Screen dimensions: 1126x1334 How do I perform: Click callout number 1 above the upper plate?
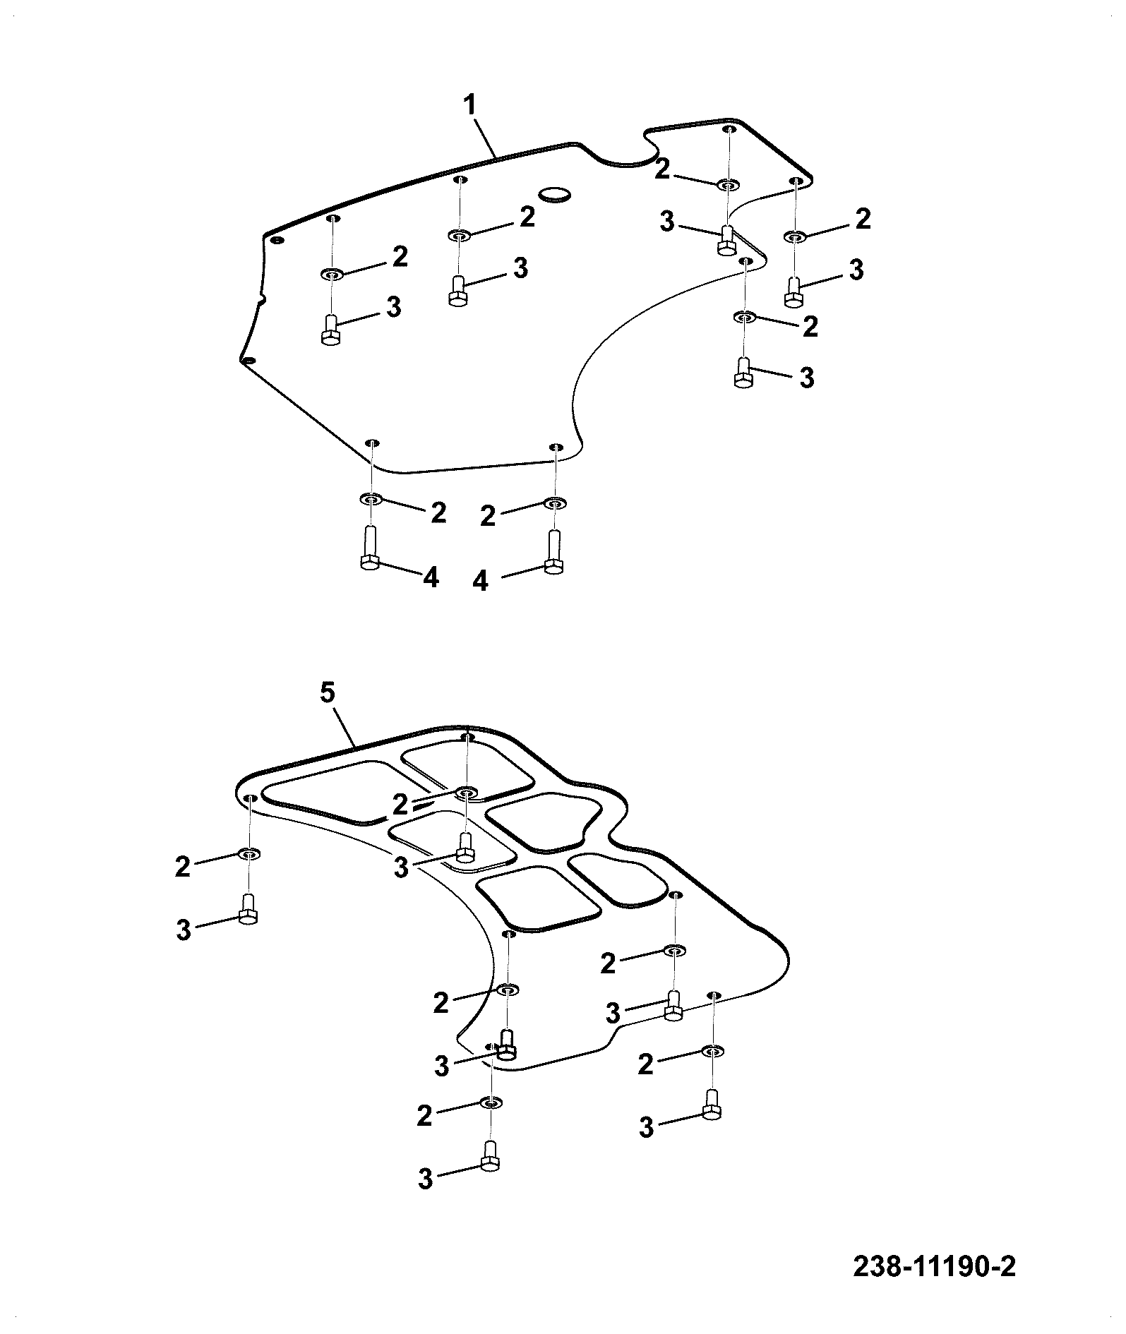tap(469, 107)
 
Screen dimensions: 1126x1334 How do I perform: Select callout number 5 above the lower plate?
tap(327, 692)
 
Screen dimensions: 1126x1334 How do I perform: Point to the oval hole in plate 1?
tap(556, 193)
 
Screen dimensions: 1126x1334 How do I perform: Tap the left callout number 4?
tap(431, 578)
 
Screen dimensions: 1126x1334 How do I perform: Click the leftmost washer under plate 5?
tap(249, 854)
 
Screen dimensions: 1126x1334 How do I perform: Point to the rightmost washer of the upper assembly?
tap(795, 236)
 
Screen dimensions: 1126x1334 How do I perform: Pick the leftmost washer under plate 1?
tap(331, 274)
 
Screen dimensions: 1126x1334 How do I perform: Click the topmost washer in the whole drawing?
tap(728, 185)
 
